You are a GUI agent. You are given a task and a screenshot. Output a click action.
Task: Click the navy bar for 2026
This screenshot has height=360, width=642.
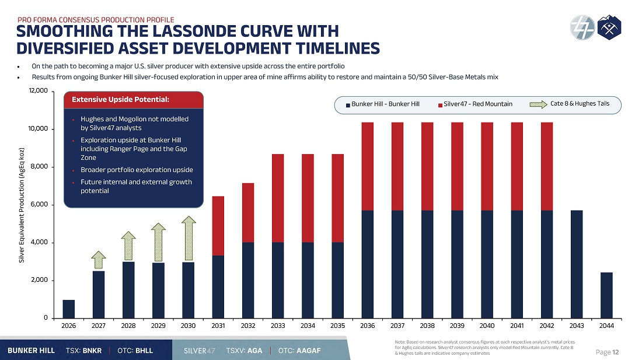pyautogui.click(x=69, y=309)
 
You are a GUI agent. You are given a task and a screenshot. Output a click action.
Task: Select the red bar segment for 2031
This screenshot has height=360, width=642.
pyautogui.click(x=218, y=226)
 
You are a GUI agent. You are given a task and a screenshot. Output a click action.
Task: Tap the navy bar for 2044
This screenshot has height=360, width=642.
pyautogui.click(x=606, y=295)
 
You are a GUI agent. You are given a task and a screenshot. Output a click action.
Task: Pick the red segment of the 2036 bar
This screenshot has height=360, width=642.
pyautogui.click(x=368, y=166)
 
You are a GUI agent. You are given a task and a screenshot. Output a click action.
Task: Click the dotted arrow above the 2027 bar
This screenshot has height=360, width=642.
pyautogui.click(x=98, y=260)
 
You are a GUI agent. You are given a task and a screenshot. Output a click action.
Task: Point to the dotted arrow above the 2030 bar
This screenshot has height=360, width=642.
pyautogui.click(x=189, y=238)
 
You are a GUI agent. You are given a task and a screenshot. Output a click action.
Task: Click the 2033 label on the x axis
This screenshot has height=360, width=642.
pyautogui.click(x=278, y=326)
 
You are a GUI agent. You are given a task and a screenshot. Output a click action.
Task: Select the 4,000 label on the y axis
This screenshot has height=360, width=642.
pyautogui.click(x=39, y=242)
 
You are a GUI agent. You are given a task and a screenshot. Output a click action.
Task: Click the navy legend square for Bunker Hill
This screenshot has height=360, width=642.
pyautogui.click(x=348, y=105)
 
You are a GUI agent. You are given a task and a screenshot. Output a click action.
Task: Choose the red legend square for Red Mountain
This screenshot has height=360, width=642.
pyautogui.click(x=440, y=105)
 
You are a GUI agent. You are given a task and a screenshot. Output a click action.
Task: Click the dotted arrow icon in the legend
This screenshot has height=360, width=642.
pyautogui.click(x=539, y=104)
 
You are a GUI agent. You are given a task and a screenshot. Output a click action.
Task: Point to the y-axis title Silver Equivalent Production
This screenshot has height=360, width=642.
pyautogui.click(x=22, y=205)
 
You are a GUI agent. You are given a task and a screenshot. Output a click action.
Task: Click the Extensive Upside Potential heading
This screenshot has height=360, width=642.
pyautogui.click(x=120, y=99)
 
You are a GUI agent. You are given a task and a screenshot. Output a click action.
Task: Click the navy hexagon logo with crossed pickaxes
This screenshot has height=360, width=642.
pyautogui.click(x=609, y=27)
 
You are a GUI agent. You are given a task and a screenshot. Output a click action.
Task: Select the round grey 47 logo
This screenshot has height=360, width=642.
pyautogui.click(x=582, y=27)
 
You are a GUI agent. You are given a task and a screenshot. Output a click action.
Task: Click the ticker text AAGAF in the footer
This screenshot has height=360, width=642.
pyautogui.click(x=309, y=351)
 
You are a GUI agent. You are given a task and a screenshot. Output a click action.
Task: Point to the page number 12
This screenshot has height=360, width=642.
pyautogui.click(x=616, y=352)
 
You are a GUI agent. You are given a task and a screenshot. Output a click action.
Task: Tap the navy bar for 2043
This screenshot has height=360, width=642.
pyautogui.click(x=577, y=264)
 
